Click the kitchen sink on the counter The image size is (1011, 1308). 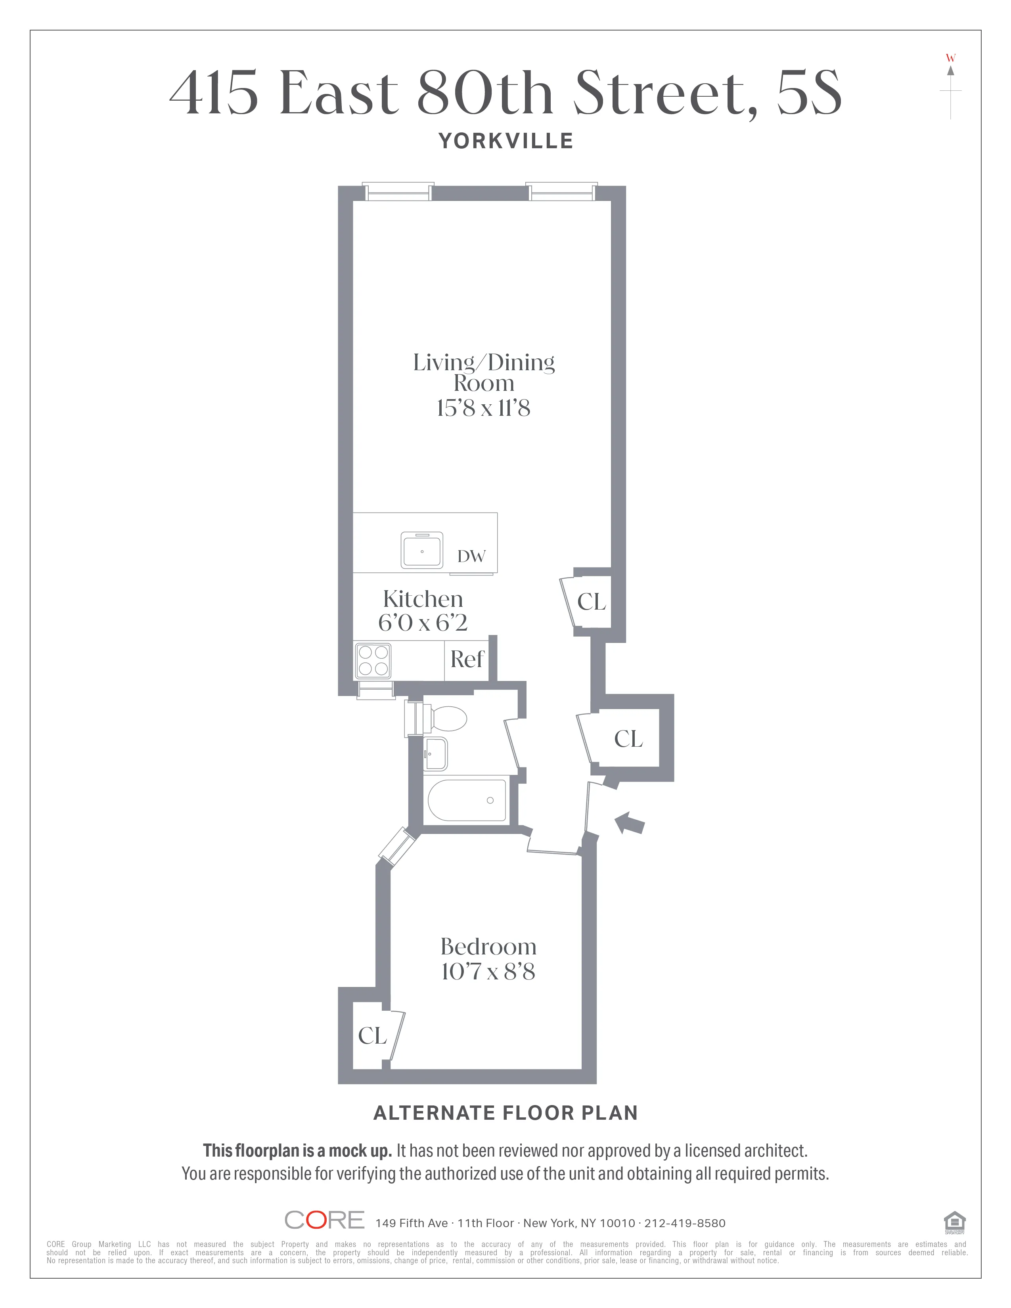(422, 550)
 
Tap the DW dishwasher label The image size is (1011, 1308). (471, 556)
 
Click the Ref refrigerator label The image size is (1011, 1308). (467, 660)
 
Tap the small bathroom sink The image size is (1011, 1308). (435, 753)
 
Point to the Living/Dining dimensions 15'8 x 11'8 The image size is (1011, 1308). (483, 408)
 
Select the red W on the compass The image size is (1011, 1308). (950, 58)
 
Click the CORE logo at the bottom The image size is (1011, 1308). (324, 1220)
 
